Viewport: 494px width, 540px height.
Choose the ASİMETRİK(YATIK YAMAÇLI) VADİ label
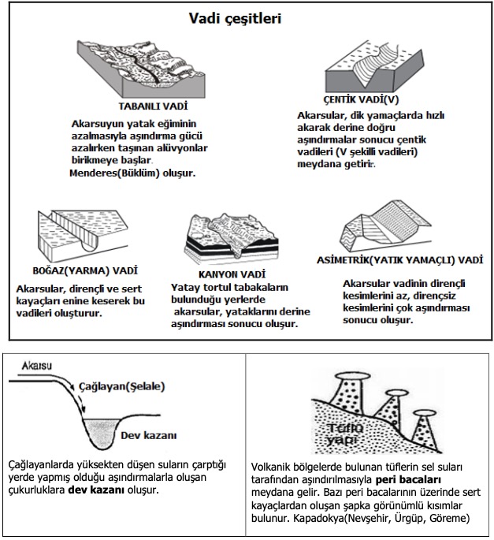point(399,259)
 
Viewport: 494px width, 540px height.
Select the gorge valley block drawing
point(83,233)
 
